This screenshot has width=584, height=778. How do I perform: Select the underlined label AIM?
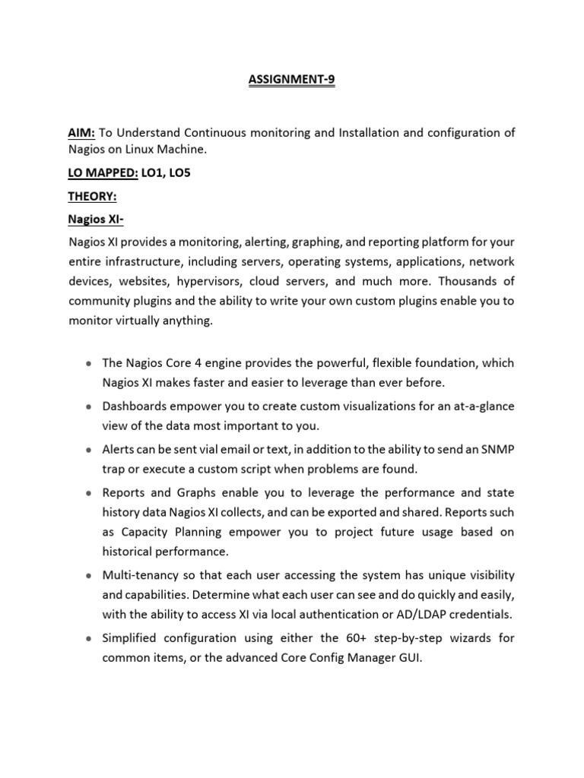81,132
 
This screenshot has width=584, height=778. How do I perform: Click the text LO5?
178,173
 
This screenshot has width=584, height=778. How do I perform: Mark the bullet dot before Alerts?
90,449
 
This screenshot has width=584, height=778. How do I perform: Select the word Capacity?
142,532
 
